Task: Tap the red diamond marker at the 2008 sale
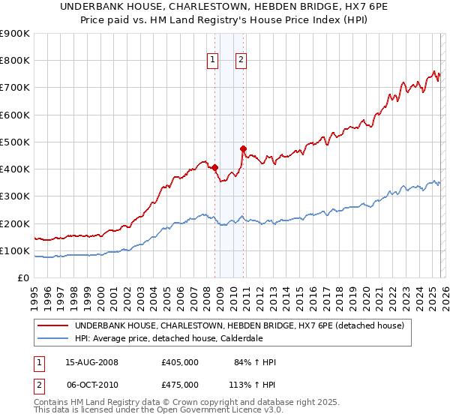point(214,168)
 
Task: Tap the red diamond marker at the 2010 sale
point(243,148)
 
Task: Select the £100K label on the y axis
point(15,250)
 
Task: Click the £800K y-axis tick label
point(15,61)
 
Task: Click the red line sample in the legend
point(53,325)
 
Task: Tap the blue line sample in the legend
point(53,338)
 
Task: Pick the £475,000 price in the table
point(180,384)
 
